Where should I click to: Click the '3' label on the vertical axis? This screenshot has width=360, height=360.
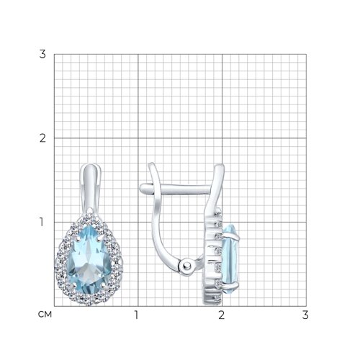(42, 54)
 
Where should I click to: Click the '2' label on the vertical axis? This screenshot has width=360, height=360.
(42, 138)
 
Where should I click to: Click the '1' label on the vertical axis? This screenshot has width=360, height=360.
(42, 222)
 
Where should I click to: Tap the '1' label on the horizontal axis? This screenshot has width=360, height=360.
(137, 315)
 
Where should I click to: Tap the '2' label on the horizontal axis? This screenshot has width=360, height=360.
(221, 315)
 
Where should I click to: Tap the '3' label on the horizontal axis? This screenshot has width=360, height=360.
(305, 315)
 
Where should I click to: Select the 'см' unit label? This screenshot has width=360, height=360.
(45, 315)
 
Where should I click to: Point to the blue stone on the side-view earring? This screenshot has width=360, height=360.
(230, 258)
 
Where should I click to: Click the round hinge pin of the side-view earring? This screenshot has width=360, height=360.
(187, 266)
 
